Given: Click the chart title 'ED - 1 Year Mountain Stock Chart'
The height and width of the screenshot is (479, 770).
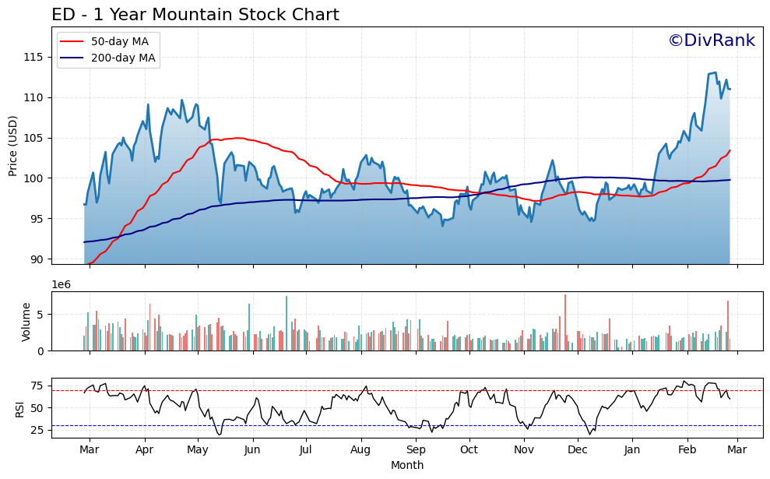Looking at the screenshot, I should coord(195,15).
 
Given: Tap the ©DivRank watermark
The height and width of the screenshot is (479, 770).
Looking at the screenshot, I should coord(711,41).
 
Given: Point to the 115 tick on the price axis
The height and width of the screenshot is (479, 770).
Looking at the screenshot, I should coord(36,57).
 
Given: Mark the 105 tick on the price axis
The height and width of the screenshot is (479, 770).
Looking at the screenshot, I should coord(36,138).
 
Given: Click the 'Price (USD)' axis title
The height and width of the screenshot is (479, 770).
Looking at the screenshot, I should coord(13,146).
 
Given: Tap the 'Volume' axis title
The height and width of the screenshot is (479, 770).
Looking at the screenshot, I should coord(26,322).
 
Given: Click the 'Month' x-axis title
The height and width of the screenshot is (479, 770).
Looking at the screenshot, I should coord(407,466).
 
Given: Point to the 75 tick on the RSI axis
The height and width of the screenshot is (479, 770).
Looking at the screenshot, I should coord(36,386).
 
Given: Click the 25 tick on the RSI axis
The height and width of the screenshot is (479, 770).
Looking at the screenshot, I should coord(36,430).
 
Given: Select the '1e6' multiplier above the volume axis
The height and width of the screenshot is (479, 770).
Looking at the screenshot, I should coord(62,285).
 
